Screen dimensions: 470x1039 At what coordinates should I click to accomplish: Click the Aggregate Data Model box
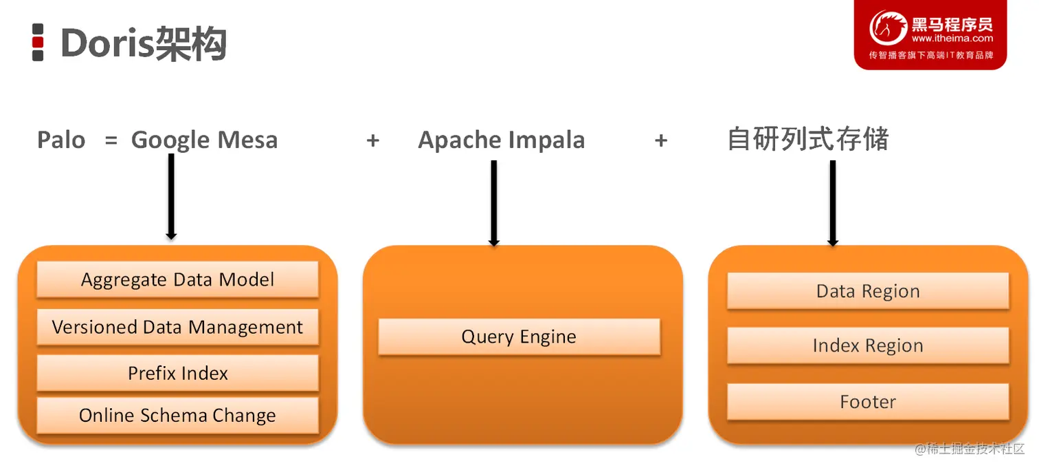click(177, 279)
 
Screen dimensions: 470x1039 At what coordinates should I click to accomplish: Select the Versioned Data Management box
click(177, 327)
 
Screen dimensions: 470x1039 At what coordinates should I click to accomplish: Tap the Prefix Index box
click(177, 373)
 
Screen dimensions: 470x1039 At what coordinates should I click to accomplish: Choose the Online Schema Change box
click(177, 416)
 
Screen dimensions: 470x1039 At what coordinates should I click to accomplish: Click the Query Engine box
click(519, 337)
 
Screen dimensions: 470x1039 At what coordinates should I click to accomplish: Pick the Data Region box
click(868, 291)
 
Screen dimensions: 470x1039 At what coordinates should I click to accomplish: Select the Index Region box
click(868, 345)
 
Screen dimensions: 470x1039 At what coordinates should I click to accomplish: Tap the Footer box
click(868, 402)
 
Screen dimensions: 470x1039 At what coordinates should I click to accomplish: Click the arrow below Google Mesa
click(171, 196)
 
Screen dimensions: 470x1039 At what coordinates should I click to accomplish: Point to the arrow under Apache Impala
click(493, 202)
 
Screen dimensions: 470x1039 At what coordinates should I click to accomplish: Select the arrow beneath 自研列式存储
click(833, 202)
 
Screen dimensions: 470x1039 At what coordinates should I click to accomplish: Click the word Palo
click(61, 140)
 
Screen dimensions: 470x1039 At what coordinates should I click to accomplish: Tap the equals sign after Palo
click(111, 140)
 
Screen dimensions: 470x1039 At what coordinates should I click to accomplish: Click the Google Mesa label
click(204, 140)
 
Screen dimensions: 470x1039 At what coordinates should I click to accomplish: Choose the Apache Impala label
click(501, 140)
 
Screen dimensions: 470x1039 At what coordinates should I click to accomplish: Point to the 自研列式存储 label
click(808, 140)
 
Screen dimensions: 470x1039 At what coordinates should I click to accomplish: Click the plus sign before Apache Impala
click(373, 140)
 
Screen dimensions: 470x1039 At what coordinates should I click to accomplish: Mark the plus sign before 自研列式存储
click(661, 140)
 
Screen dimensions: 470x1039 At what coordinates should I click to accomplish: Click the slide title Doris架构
click(144, 43)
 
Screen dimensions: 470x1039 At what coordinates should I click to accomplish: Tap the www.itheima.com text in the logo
click(952, 39)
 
